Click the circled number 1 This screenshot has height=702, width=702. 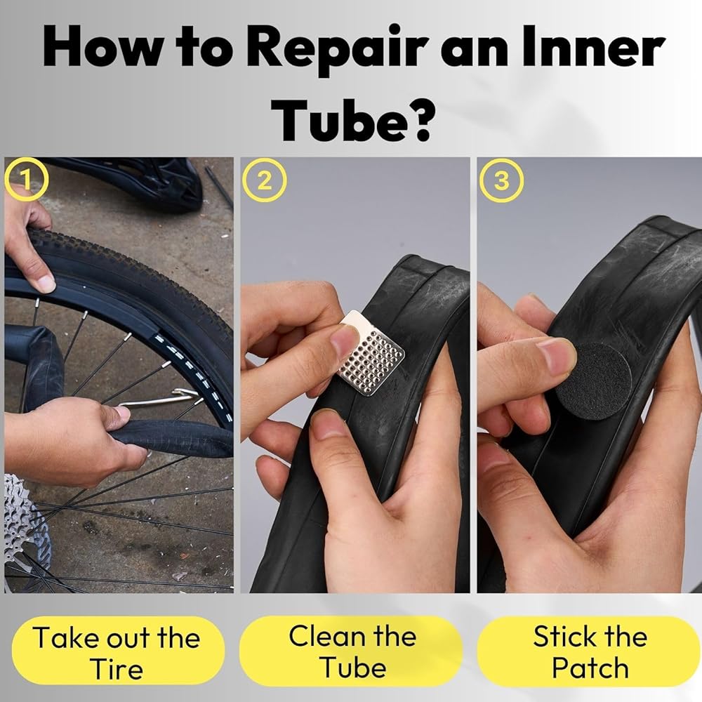click(27, 180)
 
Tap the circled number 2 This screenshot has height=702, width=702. click(265, 180)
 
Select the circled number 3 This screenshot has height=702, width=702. click(501, 180)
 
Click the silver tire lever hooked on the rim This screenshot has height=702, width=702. click(159, 399)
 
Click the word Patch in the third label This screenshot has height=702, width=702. click(590, 668)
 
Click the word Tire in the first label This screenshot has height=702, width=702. click(117, 669)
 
